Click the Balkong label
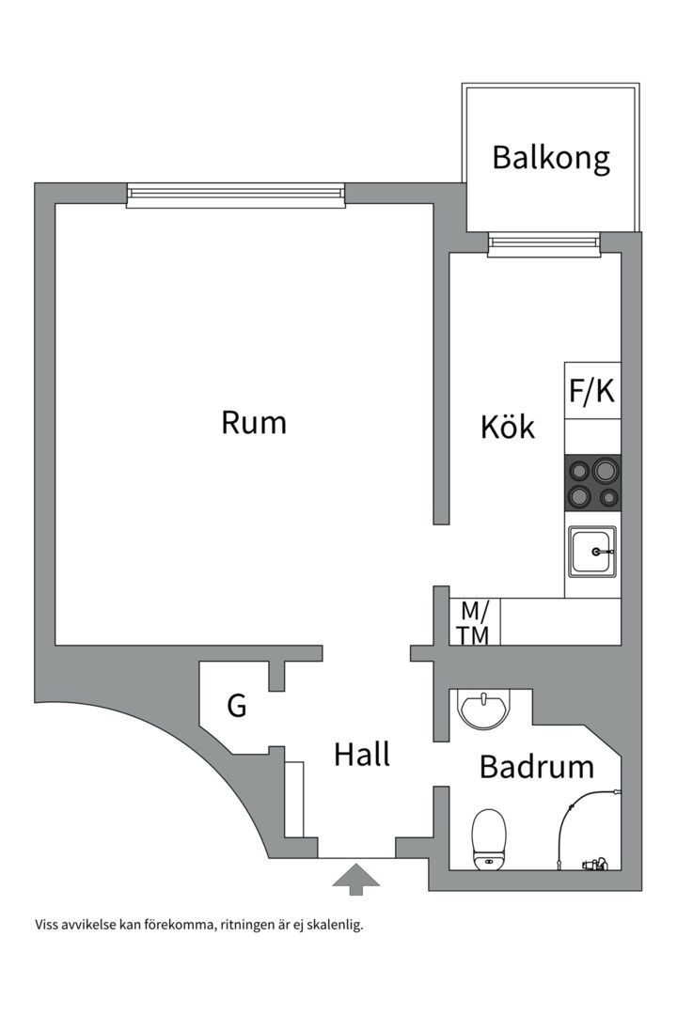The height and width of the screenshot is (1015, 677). coord(551,158)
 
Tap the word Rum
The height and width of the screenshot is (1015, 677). coord(254,422)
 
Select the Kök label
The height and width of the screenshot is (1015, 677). coord(508,427)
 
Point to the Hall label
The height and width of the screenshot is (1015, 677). coord(362,754)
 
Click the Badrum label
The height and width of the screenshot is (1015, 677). coord(536,767)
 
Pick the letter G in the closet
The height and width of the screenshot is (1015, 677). coord(237,705)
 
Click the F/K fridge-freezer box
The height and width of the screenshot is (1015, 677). coord(592,391)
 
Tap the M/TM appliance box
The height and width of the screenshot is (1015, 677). coord(474,623)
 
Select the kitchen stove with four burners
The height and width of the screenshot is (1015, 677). coord(592,482)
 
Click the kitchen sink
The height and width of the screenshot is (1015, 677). coord(592,552)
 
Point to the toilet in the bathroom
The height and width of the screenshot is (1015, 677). coord(489,839)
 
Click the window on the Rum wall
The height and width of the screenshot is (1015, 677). coord(236,195)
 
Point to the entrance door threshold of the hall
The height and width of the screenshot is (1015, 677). coord(356,857)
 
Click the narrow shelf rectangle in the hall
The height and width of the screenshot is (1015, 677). coord(294,799)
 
